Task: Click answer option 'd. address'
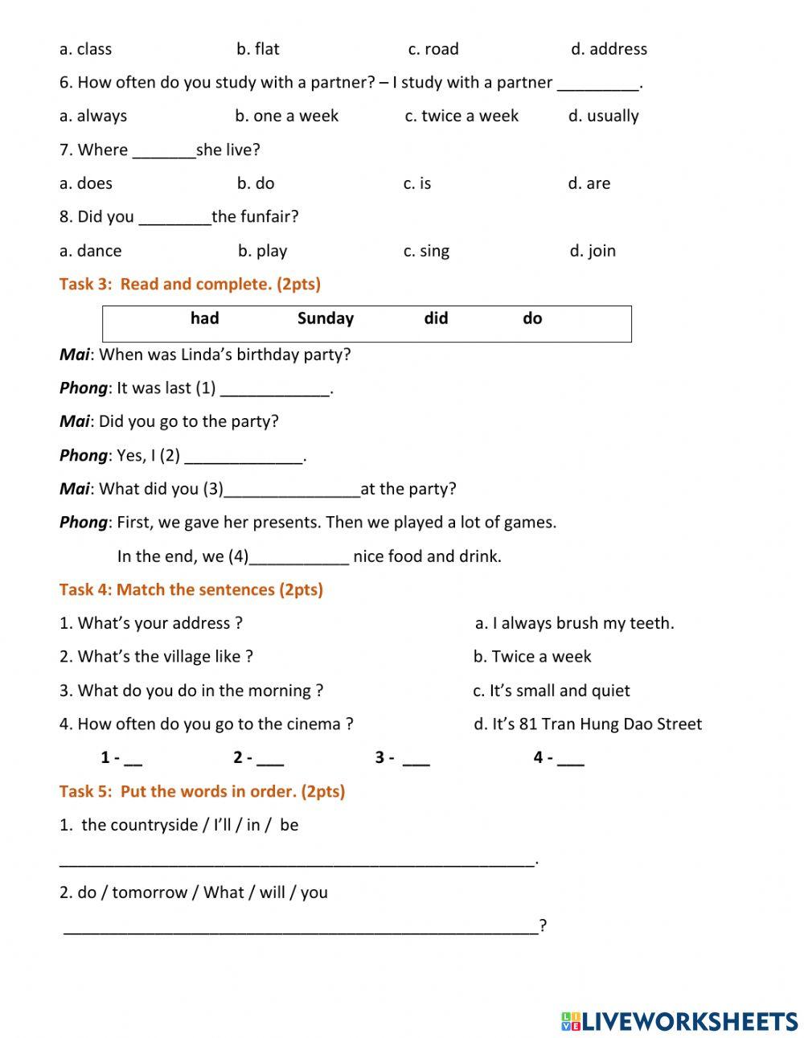pyautogui.click(x=609, y=49)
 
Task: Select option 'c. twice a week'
pyautogui.click(x=461, y=116)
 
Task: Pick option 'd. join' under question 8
pyautogui.click(x=593, y=251)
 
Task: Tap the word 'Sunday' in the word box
pyautogui.click(x=326, y=318)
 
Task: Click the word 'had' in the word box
pyautogui.click(x=205, y=318)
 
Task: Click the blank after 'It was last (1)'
pyautogui.click(x=275, y=390)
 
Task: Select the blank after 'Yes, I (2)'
pyautogui.click(x=244, y=457)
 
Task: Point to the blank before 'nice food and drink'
pyautogui.click(x=299, y=558)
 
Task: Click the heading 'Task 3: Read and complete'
pyautogui.click(x=190, y=284)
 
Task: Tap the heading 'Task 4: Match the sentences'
pyautogui.click(x=191, y=589)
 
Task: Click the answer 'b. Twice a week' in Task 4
pyautogui.click(x=532, y=657)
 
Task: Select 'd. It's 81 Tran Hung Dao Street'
pyautogui.click(x=588, y=724)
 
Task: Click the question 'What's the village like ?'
pyautogui.click(x=157, y=657)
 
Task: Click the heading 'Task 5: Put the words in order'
pyautogui.click(x=202, y=791)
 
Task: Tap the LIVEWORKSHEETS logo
pyautogui.click(x=679, y=1021)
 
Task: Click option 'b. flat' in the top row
pyautogui.click(x=258, y=49)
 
